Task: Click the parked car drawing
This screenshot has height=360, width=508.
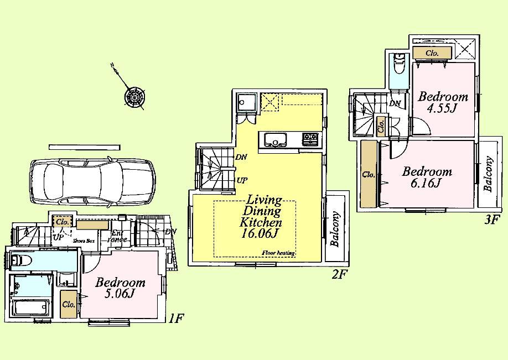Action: tap(92, 180)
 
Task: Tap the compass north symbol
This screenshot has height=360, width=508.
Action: tap(134, 97)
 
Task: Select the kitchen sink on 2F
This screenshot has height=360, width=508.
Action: tap(274, 139)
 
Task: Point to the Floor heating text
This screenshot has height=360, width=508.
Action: tap(278, 253)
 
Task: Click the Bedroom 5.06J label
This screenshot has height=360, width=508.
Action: tap(120, 288)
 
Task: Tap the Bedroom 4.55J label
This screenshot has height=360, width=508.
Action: tap(443, 102)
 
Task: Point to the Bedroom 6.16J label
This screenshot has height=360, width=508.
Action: tap(427, 177)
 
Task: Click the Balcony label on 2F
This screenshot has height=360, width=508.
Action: tap(335, 229)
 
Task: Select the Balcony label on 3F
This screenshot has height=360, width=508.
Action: tap(489, 174)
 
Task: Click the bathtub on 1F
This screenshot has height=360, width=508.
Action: tap(30, 306)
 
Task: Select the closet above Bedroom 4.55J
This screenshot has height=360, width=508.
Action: tap(432, 53)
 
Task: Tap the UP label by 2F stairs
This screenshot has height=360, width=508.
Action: tap(242, 180)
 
